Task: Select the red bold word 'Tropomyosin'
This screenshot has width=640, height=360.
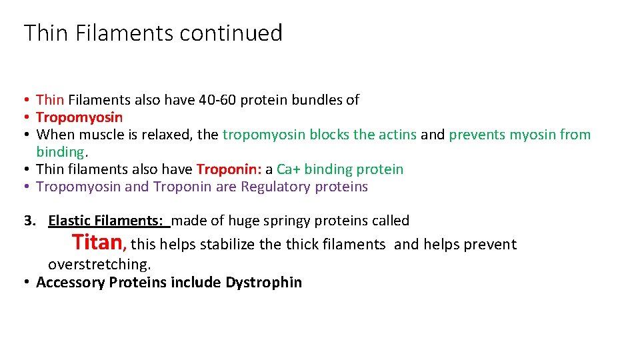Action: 79,117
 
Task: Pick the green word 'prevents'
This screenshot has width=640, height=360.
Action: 477,135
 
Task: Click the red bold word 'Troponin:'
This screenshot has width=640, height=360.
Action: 229,169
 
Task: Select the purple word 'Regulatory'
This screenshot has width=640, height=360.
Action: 273,187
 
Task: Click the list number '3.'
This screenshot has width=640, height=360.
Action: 30,221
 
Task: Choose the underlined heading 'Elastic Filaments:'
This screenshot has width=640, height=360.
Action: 109,221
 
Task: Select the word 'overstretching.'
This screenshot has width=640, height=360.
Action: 99,264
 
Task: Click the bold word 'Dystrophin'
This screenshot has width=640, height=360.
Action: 263,282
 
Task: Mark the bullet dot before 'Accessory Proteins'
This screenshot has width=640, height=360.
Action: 25,282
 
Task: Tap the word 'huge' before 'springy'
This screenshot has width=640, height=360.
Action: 241,221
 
